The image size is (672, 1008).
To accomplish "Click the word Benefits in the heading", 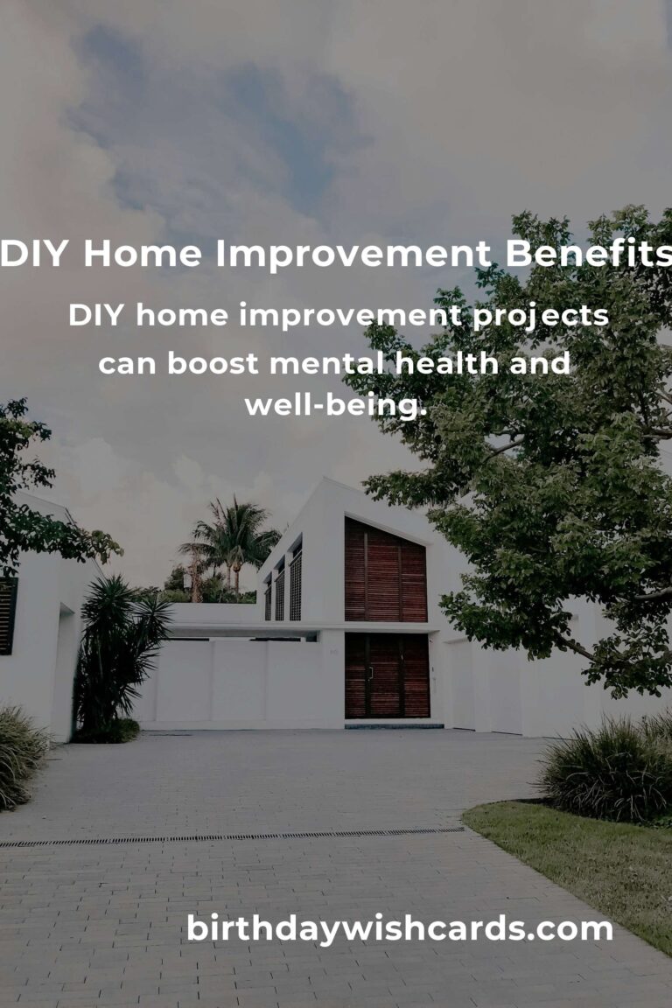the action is [x=588, y=253].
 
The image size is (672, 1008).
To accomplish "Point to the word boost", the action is [x=213, y=363].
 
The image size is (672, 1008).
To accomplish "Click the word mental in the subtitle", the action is [x=326, y=363].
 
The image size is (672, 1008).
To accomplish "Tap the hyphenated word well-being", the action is [x=336, y=406].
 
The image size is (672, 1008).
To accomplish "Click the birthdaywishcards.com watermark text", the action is [x=399, y=928].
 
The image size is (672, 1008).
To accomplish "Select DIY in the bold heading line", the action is [x=34, y=253].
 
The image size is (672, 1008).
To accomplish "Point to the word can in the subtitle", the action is [x=128, y=365].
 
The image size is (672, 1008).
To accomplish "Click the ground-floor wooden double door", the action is [x=387, y=675].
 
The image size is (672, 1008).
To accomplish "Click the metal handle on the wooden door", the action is [x=371, y=673].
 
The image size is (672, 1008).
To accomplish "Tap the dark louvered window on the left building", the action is [x=8, y=616].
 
